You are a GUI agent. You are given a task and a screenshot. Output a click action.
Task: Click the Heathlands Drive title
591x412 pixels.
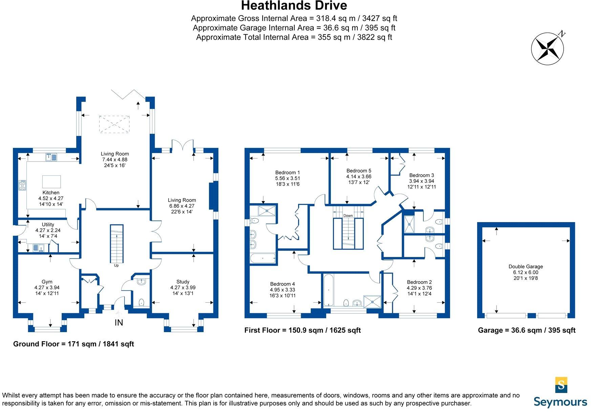pyautogui.click(x=294, y=6)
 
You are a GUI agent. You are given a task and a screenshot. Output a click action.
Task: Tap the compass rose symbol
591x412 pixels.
pyautogui.click(x=547, y=49)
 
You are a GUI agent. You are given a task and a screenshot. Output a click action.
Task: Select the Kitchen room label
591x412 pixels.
pyautogui.click(x=51, y=193)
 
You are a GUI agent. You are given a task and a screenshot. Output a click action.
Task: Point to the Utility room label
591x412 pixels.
pyautogui.click(x=48, y=224)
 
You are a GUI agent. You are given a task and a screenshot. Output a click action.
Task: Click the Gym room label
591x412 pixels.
pyautogui.click(x=47, y=282)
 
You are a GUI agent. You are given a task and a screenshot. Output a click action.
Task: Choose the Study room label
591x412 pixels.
pyautogui.click(x=183, y=282)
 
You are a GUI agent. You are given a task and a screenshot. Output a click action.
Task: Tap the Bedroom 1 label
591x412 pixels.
pyautogui.click(x=288, y=173)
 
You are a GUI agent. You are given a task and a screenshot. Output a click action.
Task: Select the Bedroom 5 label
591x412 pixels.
pyautogui.click(x=359, y=171)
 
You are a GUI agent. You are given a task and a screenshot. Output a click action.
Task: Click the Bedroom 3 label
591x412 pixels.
pyautogui.click(x=421, y=175)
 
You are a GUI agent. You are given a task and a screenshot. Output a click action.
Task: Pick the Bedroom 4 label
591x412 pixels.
pyautogui.click(x=282, y=284)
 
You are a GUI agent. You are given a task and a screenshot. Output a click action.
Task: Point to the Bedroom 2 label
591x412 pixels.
pyautogui.click(x=419, y=282)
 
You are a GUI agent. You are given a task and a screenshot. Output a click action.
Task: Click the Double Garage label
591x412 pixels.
pyautogui.click(x=526, y=266)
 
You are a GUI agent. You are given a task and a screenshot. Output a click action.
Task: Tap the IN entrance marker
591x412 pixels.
pyautogui.click(x=119, y=323)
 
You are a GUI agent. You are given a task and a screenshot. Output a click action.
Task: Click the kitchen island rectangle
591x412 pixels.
pyautogui.click(x=51, y=182)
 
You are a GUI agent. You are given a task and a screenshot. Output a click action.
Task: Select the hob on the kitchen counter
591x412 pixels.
pyautogui.click(x=22, y=185)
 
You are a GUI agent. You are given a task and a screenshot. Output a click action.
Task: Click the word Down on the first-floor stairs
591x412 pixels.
pyautogui.click(x=348, y=216)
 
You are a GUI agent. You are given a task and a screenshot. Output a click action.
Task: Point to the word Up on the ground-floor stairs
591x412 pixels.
pyautogui.click(x=116, y=265)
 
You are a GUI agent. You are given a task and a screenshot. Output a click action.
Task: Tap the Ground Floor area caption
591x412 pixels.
pyautogui.click(x=73, y=344)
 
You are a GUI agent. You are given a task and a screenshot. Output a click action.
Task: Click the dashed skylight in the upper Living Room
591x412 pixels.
pyautogui.click(x=114, y=124)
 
